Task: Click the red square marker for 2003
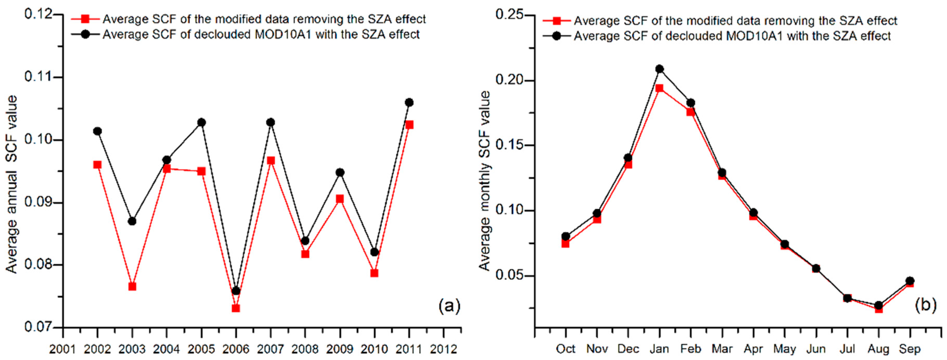(132, 286)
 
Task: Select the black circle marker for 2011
(409, 102)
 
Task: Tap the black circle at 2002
(97, 131)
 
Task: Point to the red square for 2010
(374, 273)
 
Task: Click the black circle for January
(659, 69)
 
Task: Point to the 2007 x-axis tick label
(271, 349)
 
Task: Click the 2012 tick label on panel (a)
(444, 349)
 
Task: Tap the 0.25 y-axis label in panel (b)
(510, 15)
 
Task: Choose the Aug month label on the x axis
(879, 349)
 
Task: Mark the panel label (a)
(449, 306)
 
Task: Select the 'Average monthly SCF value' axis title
(485, 180)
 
